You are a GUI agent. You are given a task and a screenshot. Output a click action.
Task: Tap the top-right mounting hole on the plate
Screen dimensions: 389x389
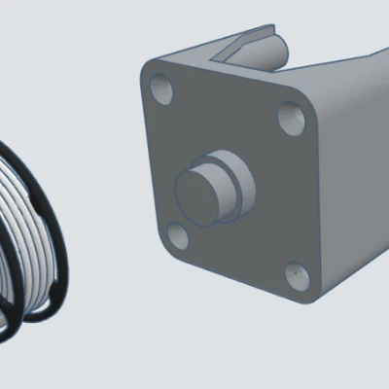point(291,120)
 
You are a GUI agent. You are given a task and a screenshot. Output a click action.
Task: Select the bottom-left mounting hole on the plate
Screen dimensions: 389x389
point(178,235)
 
